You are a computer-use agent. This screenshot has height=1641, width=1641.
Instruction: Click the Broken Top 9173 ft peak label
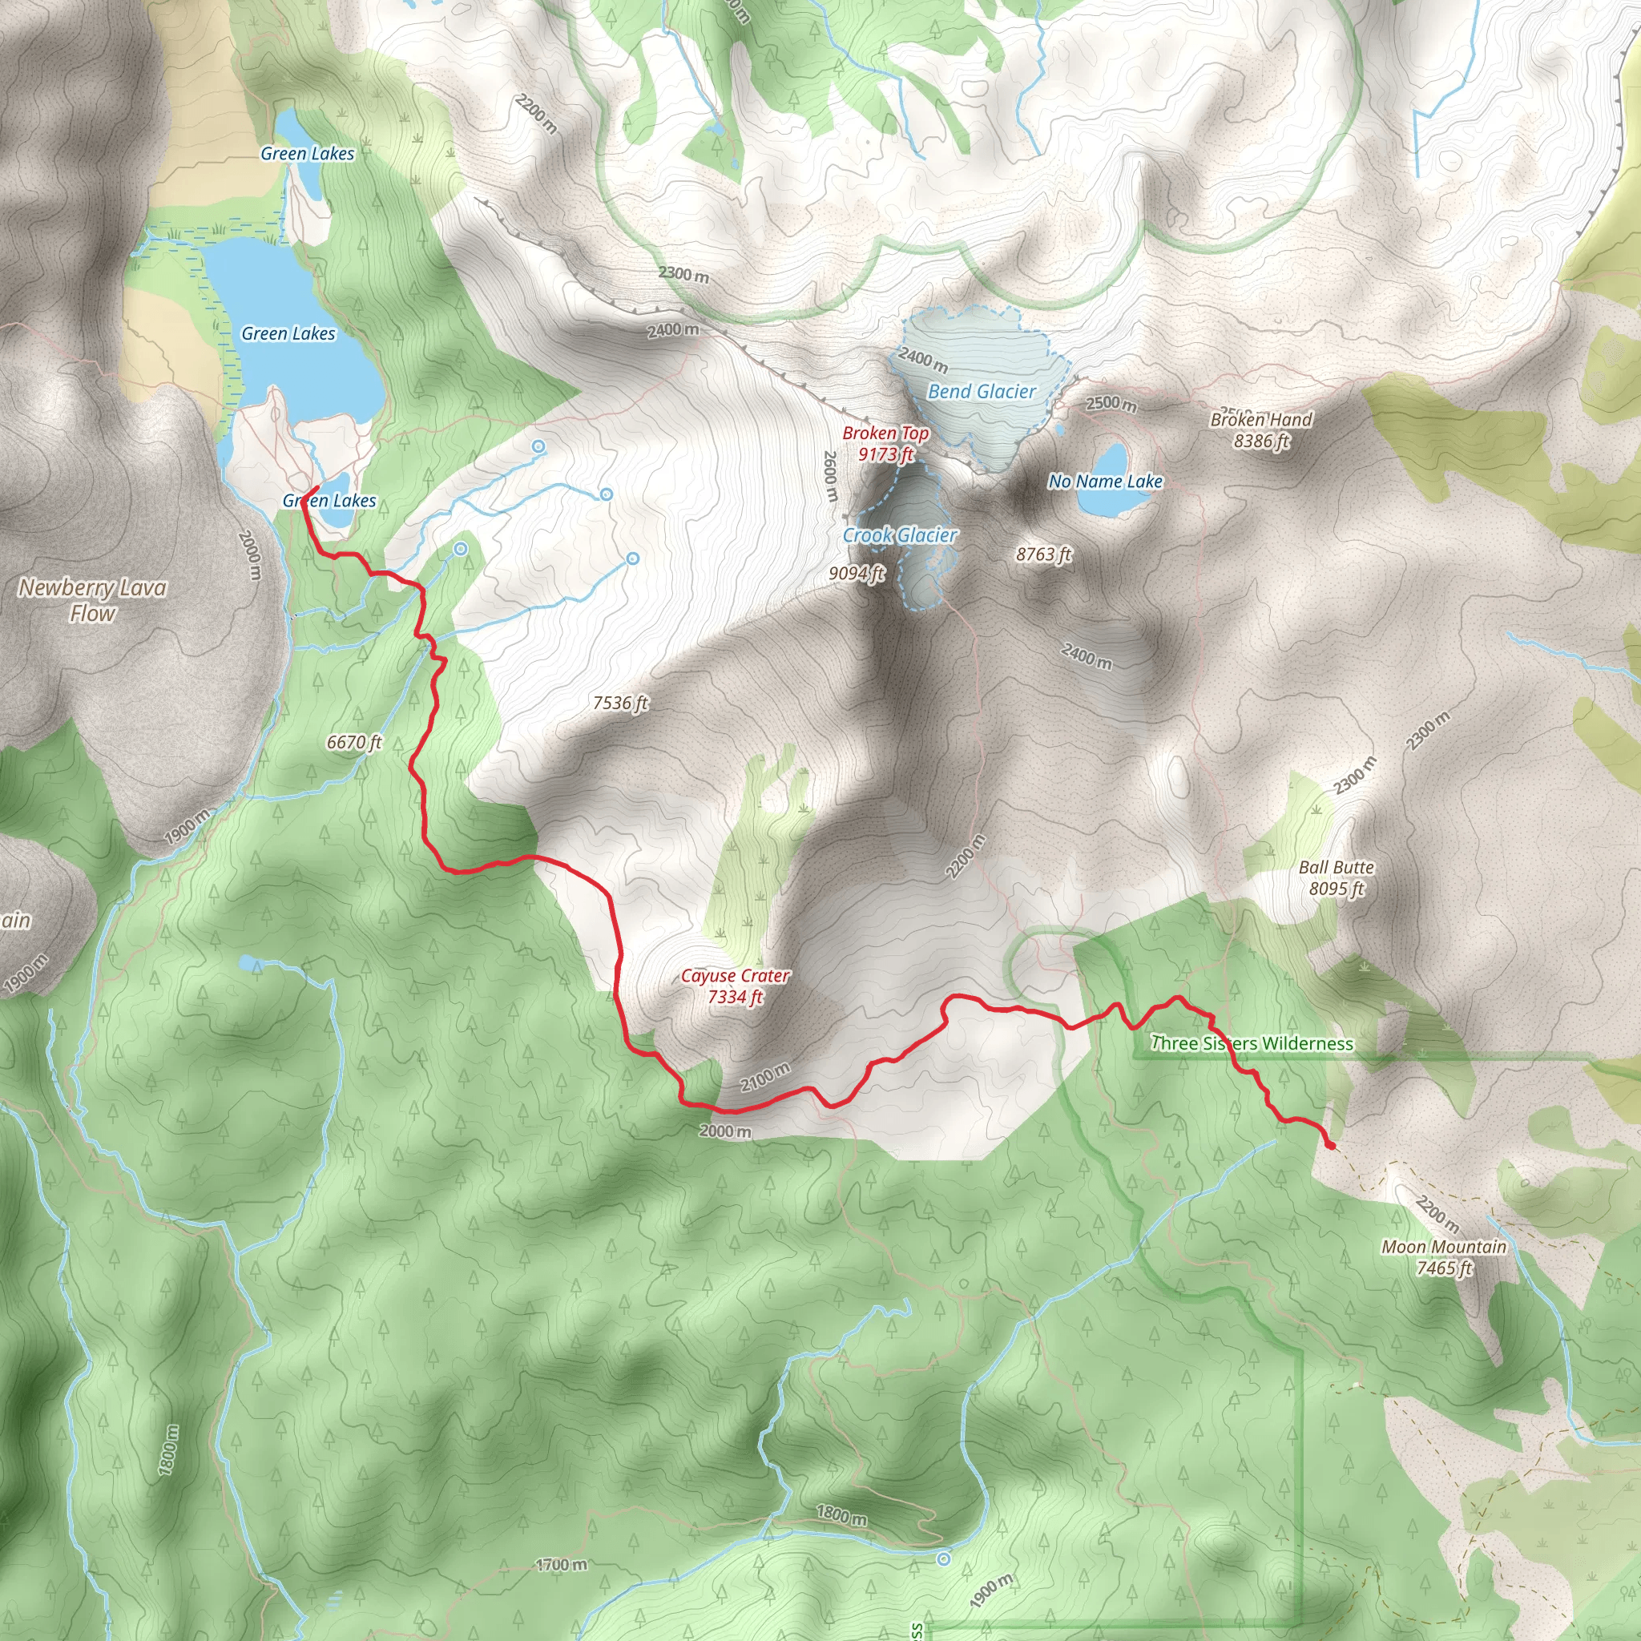click(885, 443)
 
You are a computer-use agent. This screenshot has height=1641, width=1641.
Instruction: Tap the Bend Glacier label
click(981, 392)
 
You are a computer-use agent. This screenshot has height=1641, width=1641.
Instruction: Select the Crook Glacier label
click(900, 535)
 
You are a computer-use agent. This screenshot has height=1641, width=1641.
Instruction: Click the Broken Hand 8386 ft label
click(1260, 429)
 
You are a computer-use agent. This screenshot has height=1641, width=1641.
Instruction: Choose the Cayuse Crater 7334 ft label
click(735, 986)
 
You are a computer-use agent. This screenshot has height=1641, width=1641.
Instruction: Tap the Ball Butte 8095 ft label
click(1336, 877)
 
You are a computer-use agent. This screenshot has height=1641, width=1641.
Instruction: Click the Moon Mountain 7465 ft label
click(1443, 1257)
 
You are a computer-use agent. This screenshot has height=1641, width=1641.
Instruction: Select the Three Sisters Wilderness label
click(1251, 1043)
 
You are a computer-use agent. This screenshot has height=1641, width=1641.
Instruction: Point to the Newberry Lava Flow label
click(93, 599)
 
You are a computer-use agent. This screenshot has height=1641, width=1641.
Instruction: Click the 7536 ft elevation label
click(620, 703)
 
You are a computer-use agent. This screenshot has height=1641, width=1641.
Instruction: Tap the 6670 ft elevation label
click(354, 742)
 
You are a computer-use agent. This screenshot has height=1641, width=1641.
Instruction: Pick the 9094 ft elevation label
click(857, 574)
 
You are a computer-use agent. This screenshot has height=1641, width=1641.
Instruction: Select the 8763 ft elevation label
click(1043, 554)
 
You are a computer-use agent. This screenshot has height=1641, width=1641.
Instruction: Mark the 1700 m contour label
click(562, 1565)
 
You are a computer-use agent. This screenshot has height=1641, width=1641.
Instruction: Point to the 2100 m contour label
click(764, 1077)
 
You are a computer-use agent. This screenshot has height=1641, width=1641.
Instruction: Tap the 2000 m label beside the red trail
click(725, 1131)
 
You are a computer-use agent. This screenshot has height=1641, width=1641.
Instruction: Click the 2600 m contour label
click(830, 475)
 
